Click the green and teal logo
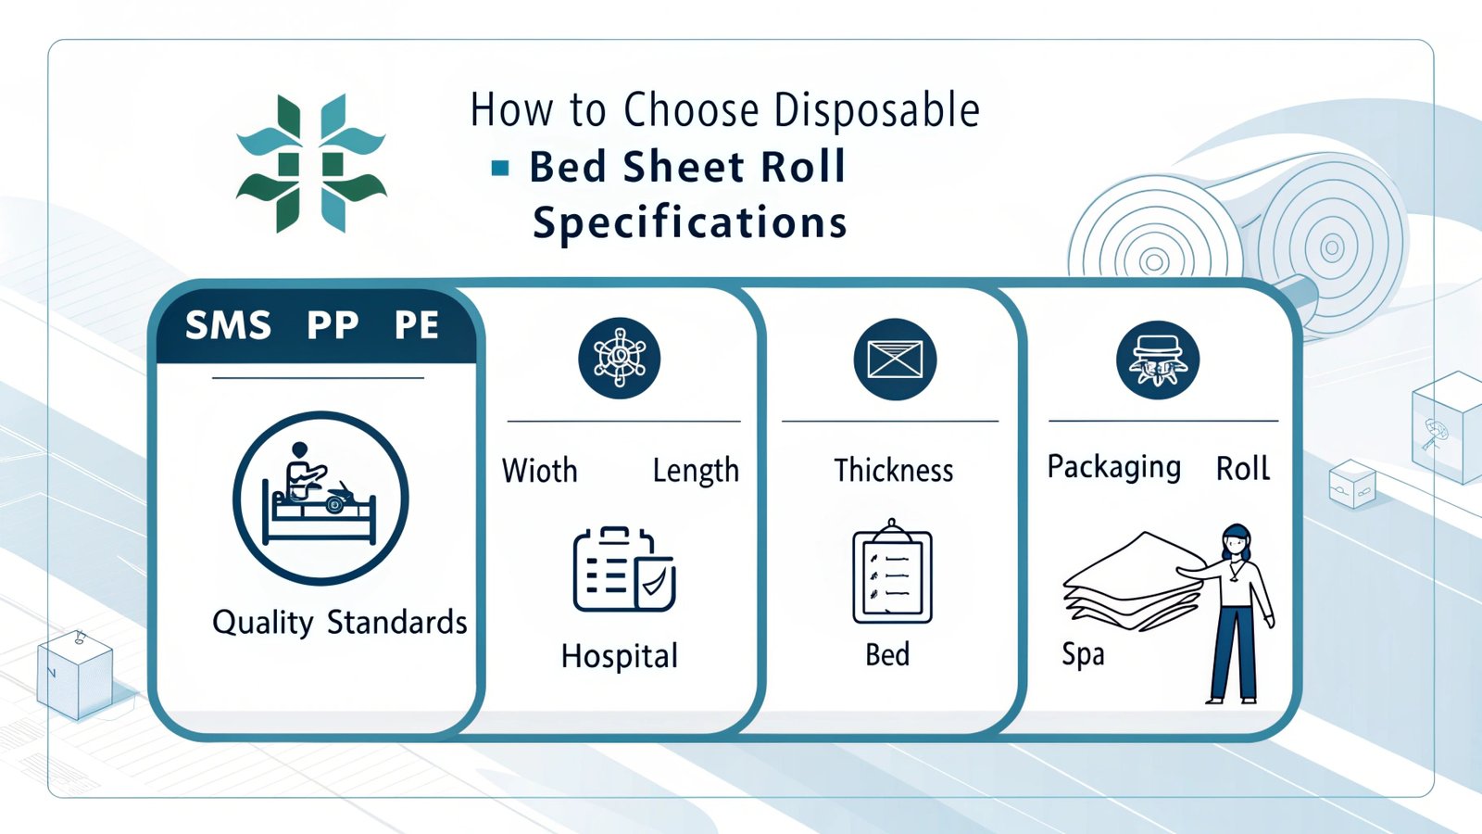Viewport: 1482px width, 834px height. (x=311, y=163)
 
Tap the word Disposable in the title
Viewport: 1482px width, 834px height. (x=876, y=110)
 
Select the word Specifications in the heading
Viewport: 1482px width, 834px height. (x=690, y=222)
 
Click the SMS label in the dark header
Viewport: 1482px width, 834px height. (x=228, y=325)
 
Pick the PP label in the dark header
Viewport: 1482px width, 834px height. (x=333, y=325)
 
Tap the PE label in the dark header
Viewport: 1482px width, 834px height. (x=417, y=325)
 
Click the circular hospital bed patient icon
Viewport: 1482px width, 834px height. (x=320, y=499)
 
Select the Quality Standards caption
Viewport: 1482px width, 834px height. (x=339, y=623)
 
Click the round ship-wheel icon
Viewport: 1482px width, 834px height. (x=620, y=358)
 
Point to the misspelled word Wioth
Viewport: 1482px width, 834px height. (x=540, y=471)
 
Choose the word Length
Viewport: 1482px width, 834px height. (x=696, y=472)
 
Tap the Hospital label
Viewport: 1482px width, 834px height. (x=620, y=657)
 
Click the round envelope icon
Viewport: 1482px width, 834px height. (x=895, y=360)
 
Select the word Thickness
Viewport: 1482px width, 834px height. (x=894, y=471)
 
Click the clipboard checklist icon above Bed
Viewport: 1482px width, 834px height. (x=893, y=571)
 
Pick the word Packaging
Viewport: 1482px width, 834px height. (x=1114, y=468)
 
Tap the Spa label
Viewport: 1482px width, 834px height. (x=1083, y=655)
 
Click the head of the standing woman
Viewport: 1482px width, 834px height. (x=1236, y=541)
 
